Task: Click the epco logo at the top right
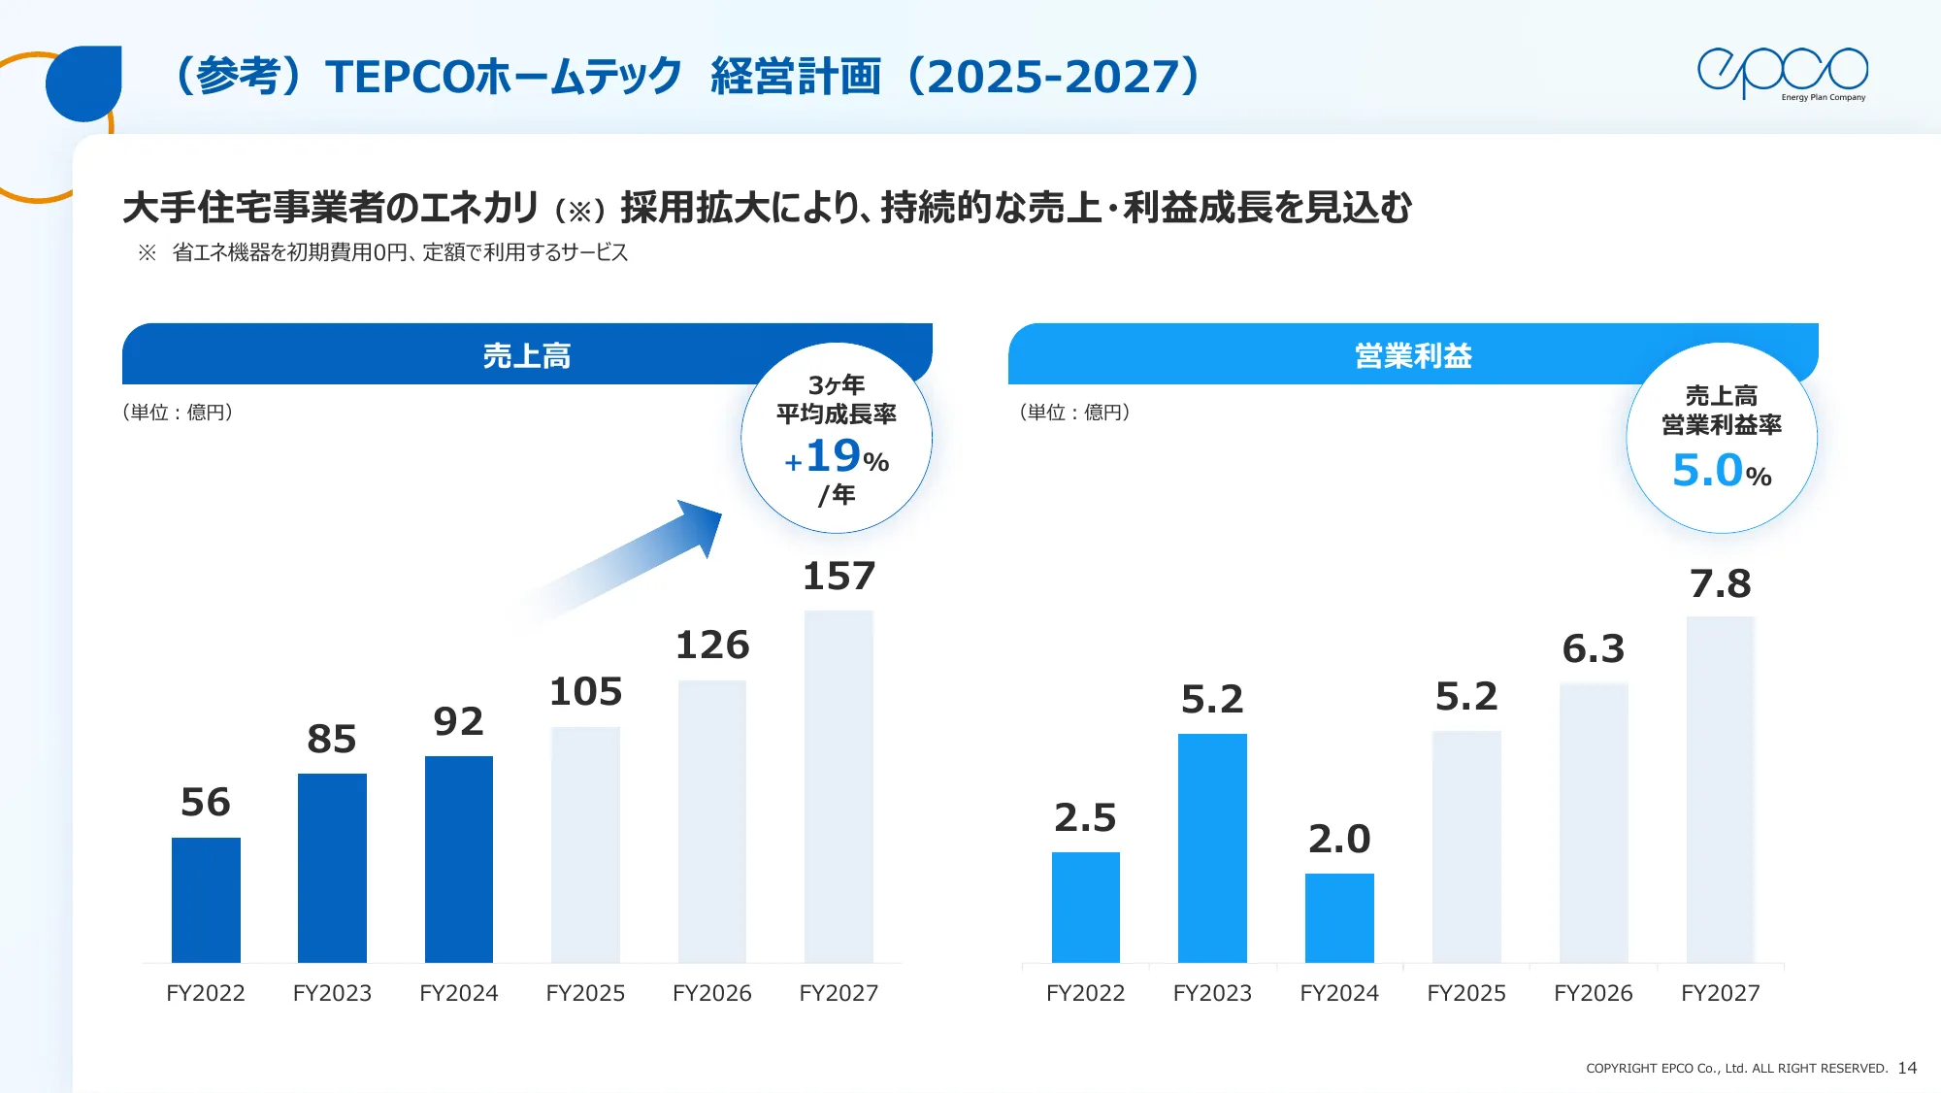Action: pos(1782,73)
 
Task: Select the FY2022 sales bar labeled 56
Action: pos(206,900)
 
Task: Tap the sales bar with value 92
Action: pos(459,859)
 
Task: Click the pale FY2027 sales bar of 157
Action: pos(839,786)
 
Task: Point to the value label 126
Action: pos(712,646)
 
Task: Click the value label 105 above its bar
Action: pos(585,692)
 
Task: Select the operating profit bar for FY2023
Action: pos(1212,847)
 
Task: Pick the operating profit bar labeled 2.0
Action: pos(1339,917)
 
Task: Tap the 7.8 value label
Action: pos(1720,584)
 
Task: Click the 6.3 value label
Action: pos(1593,649)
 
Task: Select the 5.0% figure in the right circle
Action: pos(1721,472)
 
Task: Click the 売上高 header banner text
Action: pos(527,356)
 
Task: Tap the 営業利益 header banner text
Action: pos(1413,356)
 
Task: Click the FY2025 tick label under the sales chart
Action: pos(585,993)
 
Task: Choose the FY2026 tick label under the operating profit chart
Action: pos(1593,993)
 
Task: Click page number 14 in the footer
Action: pos(1907,1068)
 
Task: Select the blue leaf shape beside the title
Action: pos(84,83)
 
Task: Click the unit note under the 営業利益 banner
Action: pos(1074,413)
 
